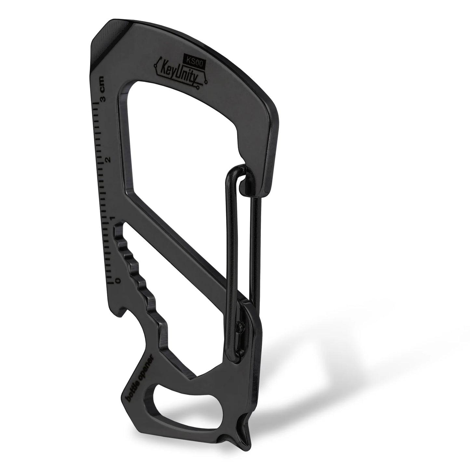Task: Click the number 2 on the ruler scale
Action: (x=108, y=159)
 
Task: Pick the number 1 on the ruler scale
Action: (x=113, y=218)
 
